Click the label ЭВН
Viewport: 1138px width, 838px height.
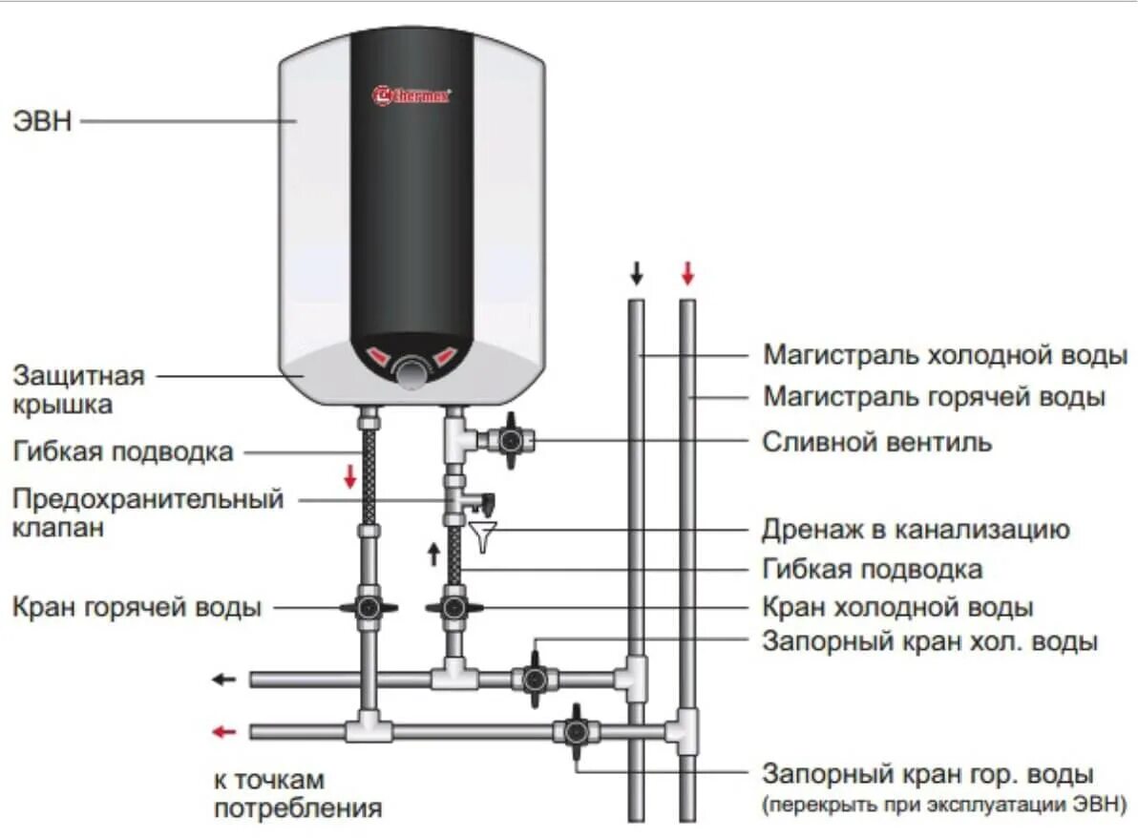tap(42, 121)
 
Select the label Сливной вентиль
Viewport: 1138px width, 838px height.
tap(876, 442)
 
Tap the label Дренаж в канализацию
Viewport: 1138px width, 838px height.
tap(916, 529)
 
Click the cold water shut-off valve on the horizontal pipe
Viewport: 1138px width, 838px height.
tap(534, 678)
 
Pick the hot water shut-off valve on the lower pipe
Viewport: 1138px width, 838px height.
tap(576, 731)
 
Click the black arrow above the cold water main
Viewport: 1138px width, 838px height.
tap(636, 275)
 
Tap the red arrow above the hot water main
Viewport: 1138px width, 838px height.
tap(687, 275)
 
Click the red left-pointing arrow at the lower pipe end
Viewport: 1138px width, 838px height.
tap(224, 732)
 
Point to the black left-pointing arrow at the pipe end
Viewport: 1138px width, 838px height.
tap(224, 680)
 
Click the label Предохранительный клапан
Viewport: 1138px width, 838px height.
tap(148, 512)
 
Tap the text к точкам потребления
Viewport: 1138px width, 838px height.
tap(297, 794)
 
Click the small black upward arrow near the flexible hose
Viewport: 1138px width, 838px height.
tap(434, 554)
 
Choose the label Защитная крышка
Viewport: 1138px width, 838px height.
tap(78, 389)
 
